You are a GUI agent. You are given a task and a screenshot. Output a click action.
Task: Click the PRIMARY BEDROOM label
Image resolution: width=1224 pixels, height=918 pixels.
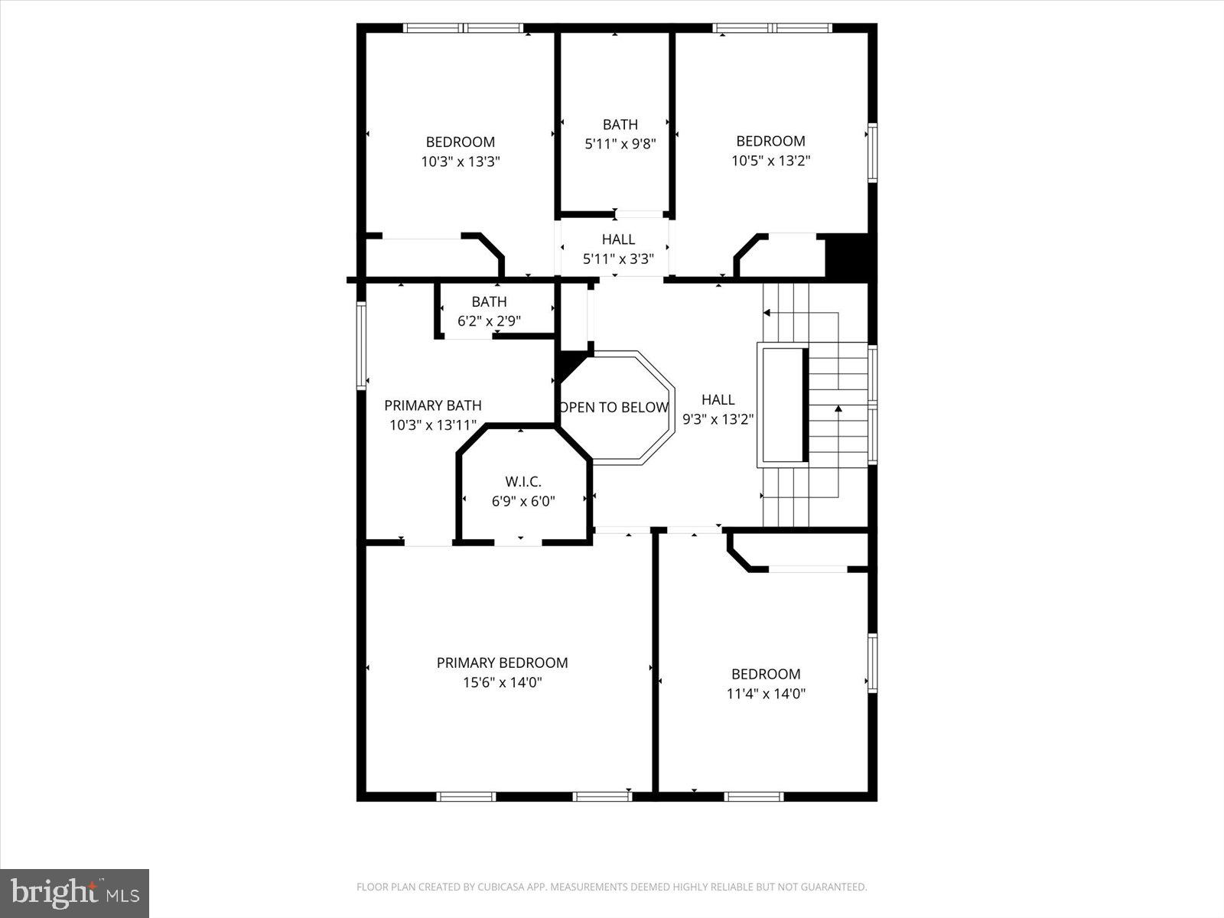tap(502, 662)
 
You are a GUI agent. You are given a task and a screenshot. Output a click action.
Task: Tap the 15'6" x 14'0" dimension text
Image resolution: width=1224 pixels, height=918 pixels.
tap(502, 682)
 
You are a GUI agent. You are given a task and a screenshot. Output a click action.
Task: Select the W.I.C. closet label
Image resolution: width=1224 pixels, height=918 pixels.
tap(523, 481)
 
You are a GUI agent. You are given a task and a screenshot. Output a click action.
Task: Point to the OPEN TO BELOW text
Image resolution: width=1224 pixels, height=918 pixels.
tap(615, 407)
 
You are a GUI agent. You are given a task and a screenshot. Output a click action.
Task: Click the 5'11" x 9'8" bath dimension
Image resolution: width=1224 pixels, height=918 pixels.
tap(620, 143)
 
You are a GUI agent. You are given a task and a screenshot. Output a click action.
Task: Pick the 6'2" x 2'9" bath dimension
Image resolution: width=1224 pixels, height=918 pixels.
tap(489, 321)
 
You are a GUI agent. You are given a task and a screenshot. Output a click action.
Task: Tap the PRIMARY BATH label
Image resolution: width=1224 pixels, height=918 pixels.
tap(433, 405)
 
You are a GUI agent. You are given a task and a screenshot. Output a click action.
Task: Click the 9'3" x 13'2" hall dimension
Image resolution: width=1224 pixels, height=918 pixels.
tap(718, 419)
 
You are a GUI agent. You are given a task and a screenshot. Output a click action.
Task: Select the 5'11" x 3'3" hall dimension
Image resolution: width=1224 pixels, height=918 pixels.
tap(618, 259)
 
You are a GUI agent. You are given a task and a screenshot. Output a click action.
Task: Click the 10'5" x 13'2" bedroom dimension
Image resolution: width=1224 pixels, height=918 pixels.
tap(770, 161)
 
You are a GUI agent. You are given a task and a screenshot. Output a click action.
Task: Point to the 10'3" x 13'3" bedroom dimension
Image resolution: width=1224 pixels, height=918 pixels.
tap(460, 161)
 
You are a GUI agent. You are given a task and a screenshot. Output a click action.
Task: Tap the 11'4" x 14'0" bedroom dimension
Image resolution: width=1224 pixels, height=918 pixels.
tap(766, 694)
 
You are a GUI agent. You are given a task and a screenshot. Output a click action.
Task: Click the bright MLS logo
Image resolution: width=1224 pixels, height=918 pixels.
tap(74, 893)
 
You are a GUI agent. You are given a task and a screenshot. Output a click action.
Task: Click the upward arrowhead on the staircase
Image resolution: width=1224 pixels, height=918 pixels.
tap(838, 409)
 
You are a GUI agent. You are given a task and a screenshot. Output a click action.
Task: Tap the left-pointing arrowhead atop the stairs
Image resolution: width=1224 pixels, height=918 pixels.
tap(767, 312)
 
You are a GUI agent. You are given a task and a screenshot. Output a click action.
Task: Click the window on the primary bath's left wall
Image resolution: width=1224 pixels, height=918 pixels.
tap(361, 346)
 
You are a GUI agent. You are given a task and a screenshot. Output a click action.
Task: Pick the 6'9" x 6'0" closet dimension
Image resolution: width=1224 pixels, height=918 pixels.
tap(523, 502)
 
